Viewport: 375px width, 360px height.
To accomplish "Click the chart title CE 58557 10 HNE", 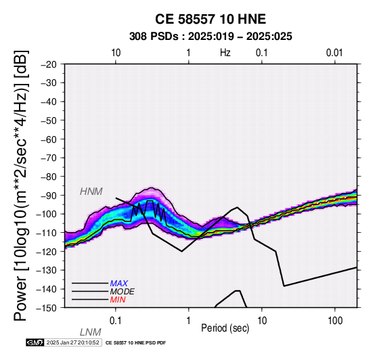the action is (x=211, y=19).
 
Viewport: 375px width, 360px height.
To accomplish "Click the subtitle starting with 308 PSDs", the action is (x=211, y=37).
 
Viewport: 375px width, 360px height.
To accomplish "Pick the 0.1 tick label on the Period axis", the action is (x=116, y=321).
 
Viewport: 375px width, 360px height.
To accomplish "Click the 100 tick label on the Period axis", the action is (x=335, y=321).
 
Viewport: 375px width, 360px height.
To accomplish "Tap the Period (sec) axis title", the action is (x=225, y=328).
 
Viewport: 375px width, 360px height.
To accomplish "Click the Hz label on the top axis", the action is (x=225, y=53).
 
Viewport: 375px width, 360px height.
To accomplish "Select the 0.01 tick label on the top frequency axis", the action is (x=334, y=53).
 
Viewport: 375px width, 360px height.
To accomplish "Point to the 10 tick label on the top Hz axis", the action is (x=116, y=53).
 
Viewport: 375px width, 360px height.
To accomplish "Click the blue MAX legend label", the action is (x=119, y=284).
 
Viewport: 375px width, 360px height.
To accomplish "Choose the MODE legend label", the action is (x=123, y=292).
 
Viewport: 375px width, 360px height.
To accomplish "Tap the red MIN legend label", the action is (x=118, y=300).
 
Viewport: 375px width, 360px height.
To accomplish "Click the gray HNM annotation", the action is (x=91, y=192).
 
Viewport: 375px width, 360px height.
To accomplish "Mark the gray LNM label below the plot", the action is (x=91, y=332).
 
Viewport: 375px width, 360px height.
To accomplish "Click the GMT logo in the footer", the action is (x=35, y=342).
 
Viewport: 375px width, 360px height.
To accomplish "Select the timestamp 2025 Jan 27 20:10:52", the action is (x=72, y=342).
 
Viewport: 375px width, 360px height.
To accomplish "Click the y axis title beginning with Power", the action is (x=21, y=185).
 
